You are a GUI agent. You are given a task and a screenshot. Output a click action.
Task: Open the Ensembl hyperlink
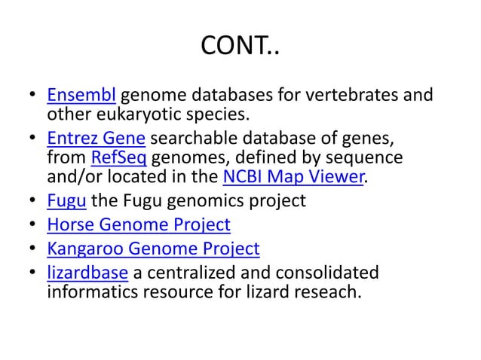[81, 96]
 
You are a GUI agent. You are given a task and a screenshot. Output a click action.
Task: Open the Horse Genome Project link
[139, 224]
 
